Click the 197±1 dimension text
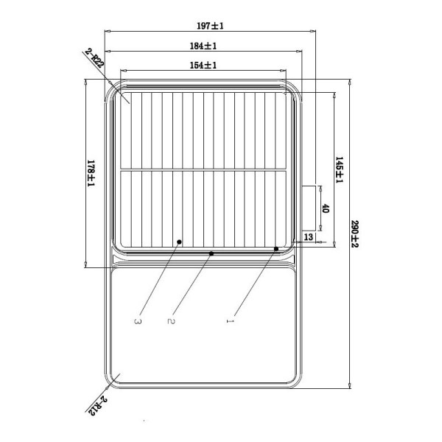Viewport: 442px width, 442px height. point(210,26)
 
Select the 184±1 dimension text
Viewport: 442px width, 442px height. point(203,46)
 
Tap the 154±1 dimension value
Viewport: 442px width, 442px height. point(203,66)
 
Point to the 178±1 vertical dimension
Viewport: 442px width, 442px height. point(91,173)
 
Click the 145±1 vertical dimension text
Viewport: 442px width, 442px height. point(339,170)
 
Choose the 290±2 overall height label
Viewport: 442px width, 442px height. point(354,234)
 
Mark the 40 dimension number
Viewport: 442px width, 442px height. point(326,208)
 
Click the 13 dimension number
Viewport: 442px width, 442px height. point(309,237)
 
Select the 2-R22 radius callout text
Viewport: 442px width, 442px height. point(94,58)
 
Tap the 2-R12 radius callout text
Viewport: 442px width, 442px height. point(96,406)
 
